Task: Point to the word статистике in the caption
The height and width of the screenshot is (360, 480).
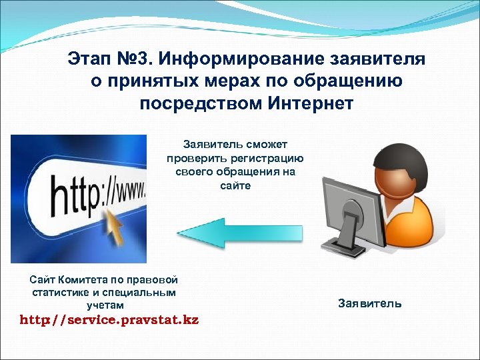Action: coord(58,292)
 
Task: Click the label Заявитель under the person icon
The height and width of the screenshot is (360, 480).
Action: coord(369,303)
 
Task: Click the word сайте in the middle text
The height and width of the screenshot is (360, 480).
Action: coord(235,185)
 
